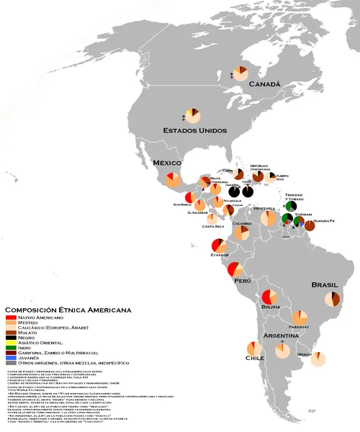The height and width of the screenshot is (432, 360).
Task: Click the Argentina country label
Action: [283, 337]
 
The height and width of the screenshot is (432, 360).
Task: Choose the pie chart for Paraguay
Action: [300, 318]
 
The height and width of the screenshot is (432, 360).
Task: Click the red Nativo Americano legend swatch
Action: [12, 318]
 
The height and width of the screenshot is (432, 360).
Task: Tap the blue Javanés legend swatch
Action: [12, 357]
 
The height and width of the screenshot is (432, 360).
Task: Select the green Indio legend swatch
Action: [12, 347]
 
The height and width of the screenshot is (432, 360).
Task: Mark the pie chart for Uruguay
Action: [317, 359]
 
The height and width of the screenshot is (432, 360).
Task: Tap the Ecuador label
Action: [220, 256]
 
